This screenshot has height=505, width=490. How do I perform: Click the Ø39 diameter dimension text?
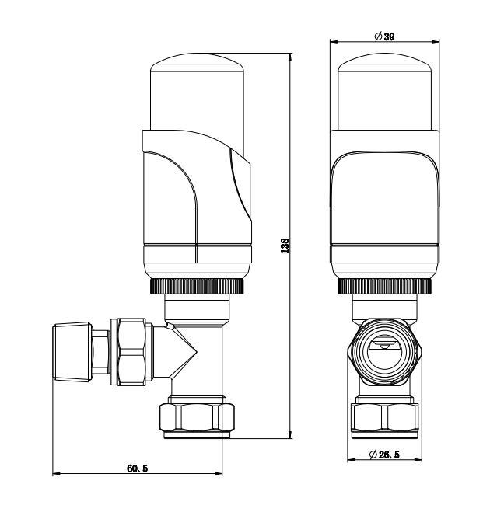click(x=385, y=36)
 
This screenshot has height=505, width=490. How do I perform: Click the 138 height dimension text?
click(x=285, y=246)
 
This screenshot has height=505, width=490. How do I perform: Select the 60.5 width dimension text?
click(x=137, y=468)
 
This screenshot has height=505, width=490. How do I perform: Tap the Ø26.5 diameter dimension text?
click(x=385, y=454)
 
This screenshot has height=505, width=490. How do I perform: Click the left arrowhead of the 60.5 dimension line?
click(x=55, y=473)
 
